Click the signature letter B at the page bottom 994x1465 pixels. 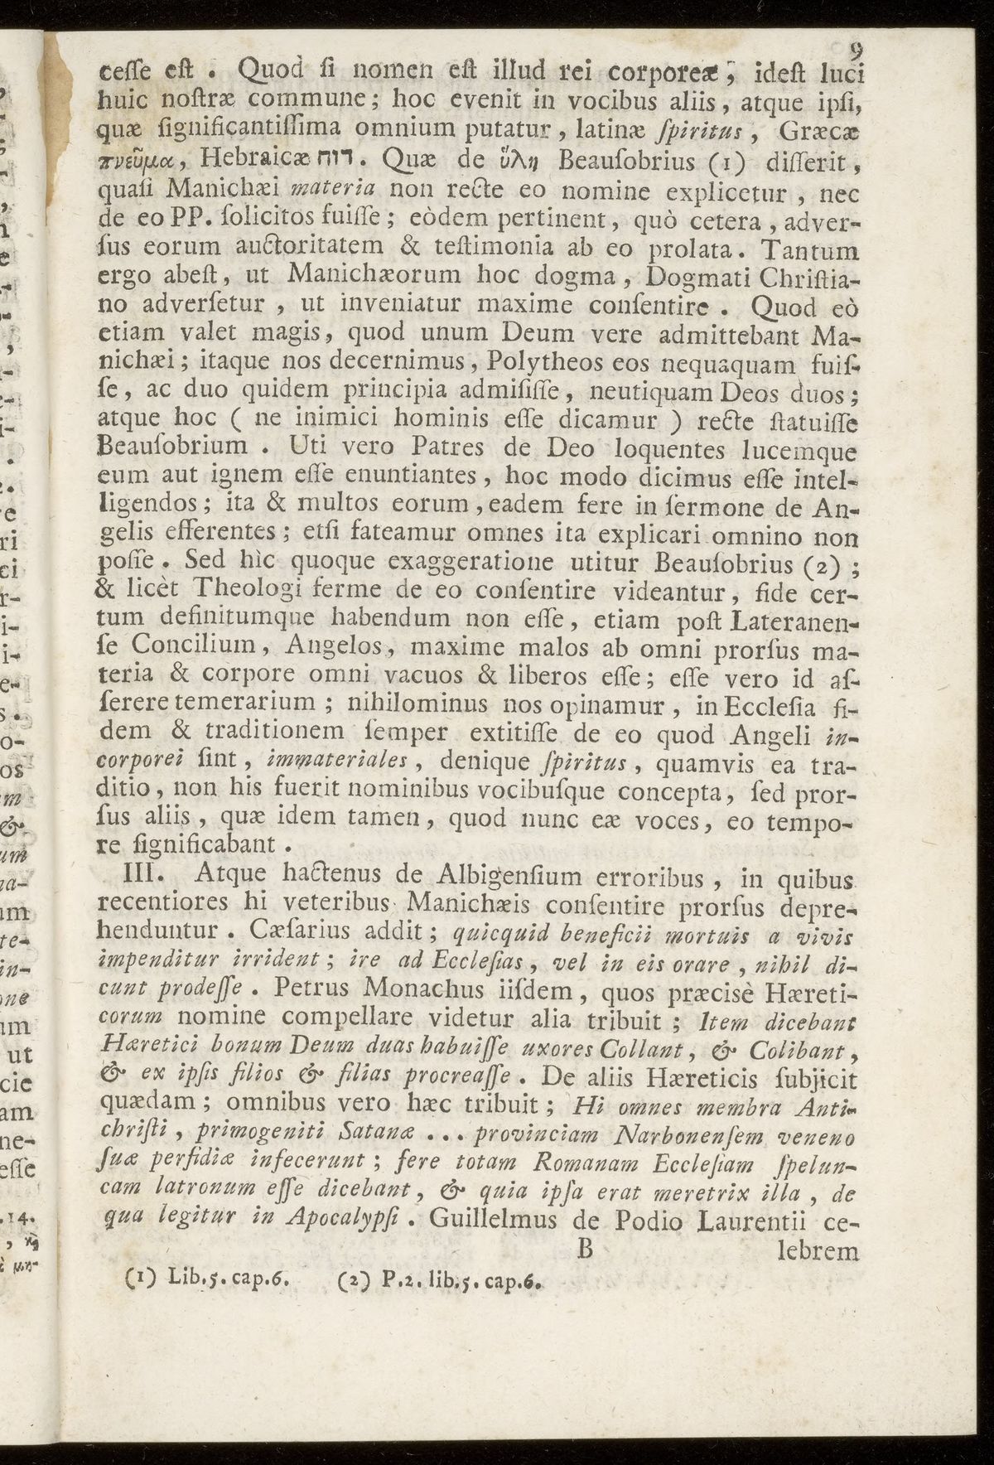point(584,1249)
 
